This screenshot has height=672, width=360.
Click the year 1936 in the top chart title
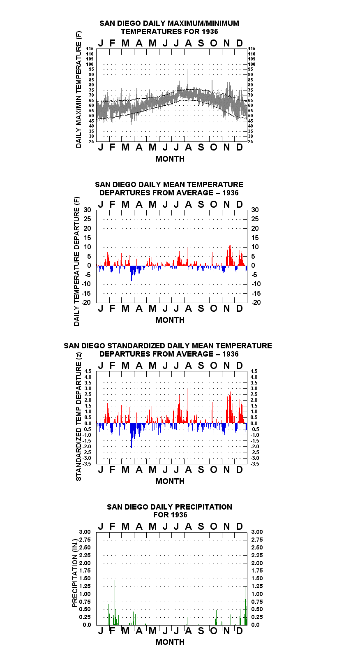point(210,32)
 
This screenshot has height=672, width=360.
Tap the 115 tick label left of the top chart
point(90,49)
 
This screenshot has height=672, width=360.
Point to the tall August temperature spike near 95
point(187,80)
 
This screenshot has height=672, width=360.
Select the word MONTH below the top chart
point(170,159)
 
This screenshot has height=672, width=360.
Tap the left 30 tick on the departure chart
point(87,210)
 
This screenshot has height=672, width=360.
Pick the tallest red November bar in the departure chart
point(230,255)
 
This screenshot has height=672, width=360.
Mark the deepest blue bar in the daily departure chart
point(131,273)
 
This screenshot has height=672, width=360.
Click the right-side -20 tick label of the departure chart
point(256,302)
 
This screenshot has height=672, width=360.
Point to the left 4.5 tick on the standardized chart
point(88,371)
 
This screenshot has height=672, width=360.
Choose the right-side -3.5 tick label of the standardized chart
point(255,464)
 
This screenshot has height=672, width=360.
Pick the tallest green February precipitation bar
point(115,602)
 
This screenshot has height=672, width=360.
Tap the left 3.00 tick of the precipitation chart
point(85,532)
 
